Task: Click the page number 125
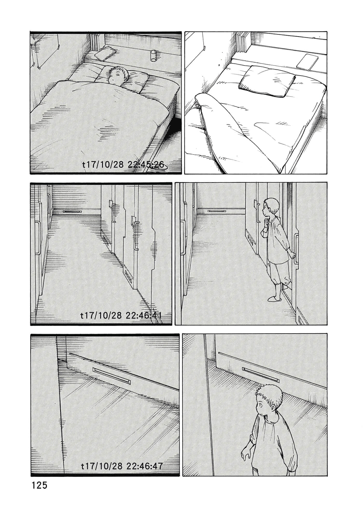(39, 485)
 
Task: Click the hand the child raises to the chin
(265, 223)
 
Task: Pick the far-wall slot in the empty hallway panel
(72, 211)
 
